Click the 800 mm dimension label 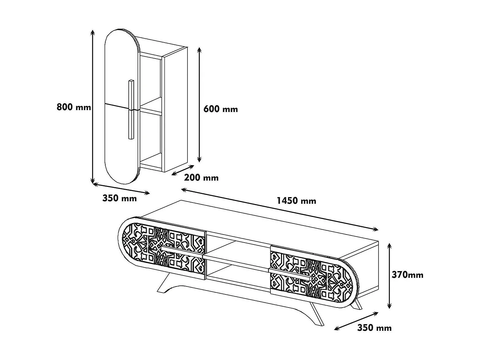click(x=74, y=107)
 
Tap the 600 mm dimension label click(x=220, y=109)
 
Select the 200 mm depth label click(x=201, y=178)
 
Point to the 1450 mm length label click(x=296, y=201)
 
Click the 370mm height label click(x=407, y=275)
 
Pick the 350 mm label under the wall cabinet click(x=119, y=198)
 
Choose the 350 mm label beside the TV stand click(x=374, y=328)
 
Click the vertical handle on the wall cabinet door click(x=131, y=109)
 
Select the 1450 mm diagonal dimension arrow click(x=280, y=210)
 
